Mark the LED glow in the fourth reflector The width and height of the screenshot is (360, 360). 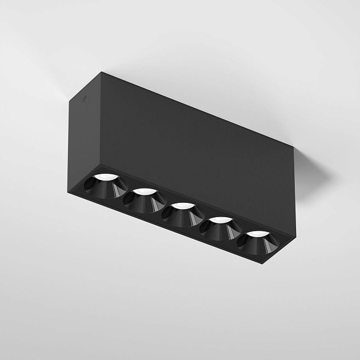221,219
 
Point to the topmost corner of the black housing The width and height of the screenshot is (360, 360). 101,72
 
